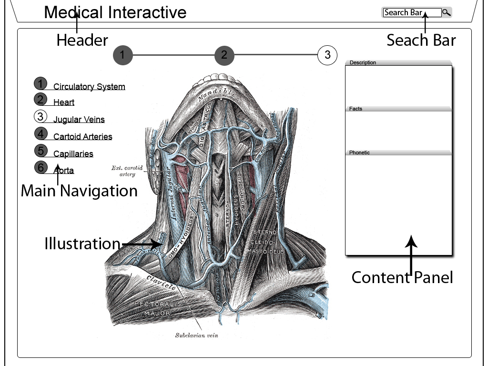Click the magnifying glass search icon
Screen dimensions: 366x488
[446, 13]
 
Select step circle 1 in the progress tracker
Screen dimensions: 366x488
[122, 55]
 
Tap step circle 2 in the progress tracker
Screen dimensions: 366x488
[224, 55]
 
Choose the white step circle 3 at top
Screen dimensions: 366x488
[327, 55]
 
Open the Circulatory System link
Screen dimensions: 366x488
[89, 87]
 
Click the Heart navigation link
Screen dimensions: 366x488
[64, 102]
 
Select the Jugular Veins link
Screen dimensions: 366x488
[79, 120]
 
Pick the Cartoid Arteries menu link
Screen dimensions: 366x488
[83, 137]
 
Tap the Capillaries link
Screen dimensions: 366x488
[73, 154]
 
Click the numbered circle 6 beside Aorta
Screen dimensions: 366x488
[41, 167]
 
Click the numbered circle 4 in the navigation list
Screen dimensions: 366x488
[41, 133]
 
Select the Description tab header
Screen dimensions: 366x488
[363, 62]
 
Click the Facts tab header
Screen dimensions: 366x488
[356, 109]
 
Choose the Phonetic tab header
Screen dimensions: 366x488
[359, 152]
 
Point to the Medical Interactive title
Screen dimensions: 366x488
[115, 12]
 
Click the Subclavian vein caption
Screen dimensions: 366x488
[196, 335]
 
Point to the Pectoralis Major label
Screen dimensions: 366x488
[152, 308]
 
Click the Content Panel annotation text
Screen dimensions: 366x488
[402, 277]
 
